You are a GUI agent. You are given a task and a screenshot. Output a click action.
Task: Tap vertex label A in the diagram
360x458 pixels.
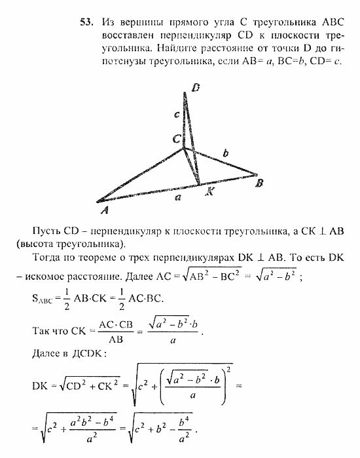pos(103,210)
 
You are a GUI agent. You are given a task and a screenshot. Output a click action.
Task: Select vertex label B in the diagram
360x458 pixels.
pos(259,184)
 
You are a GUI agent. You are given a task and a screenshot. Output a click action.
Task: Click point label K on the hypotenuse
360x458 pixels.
pos(209,193)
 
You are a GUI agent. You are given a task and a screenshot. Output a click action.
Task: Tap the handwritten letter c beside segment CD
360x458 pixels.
pos(176,115)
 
